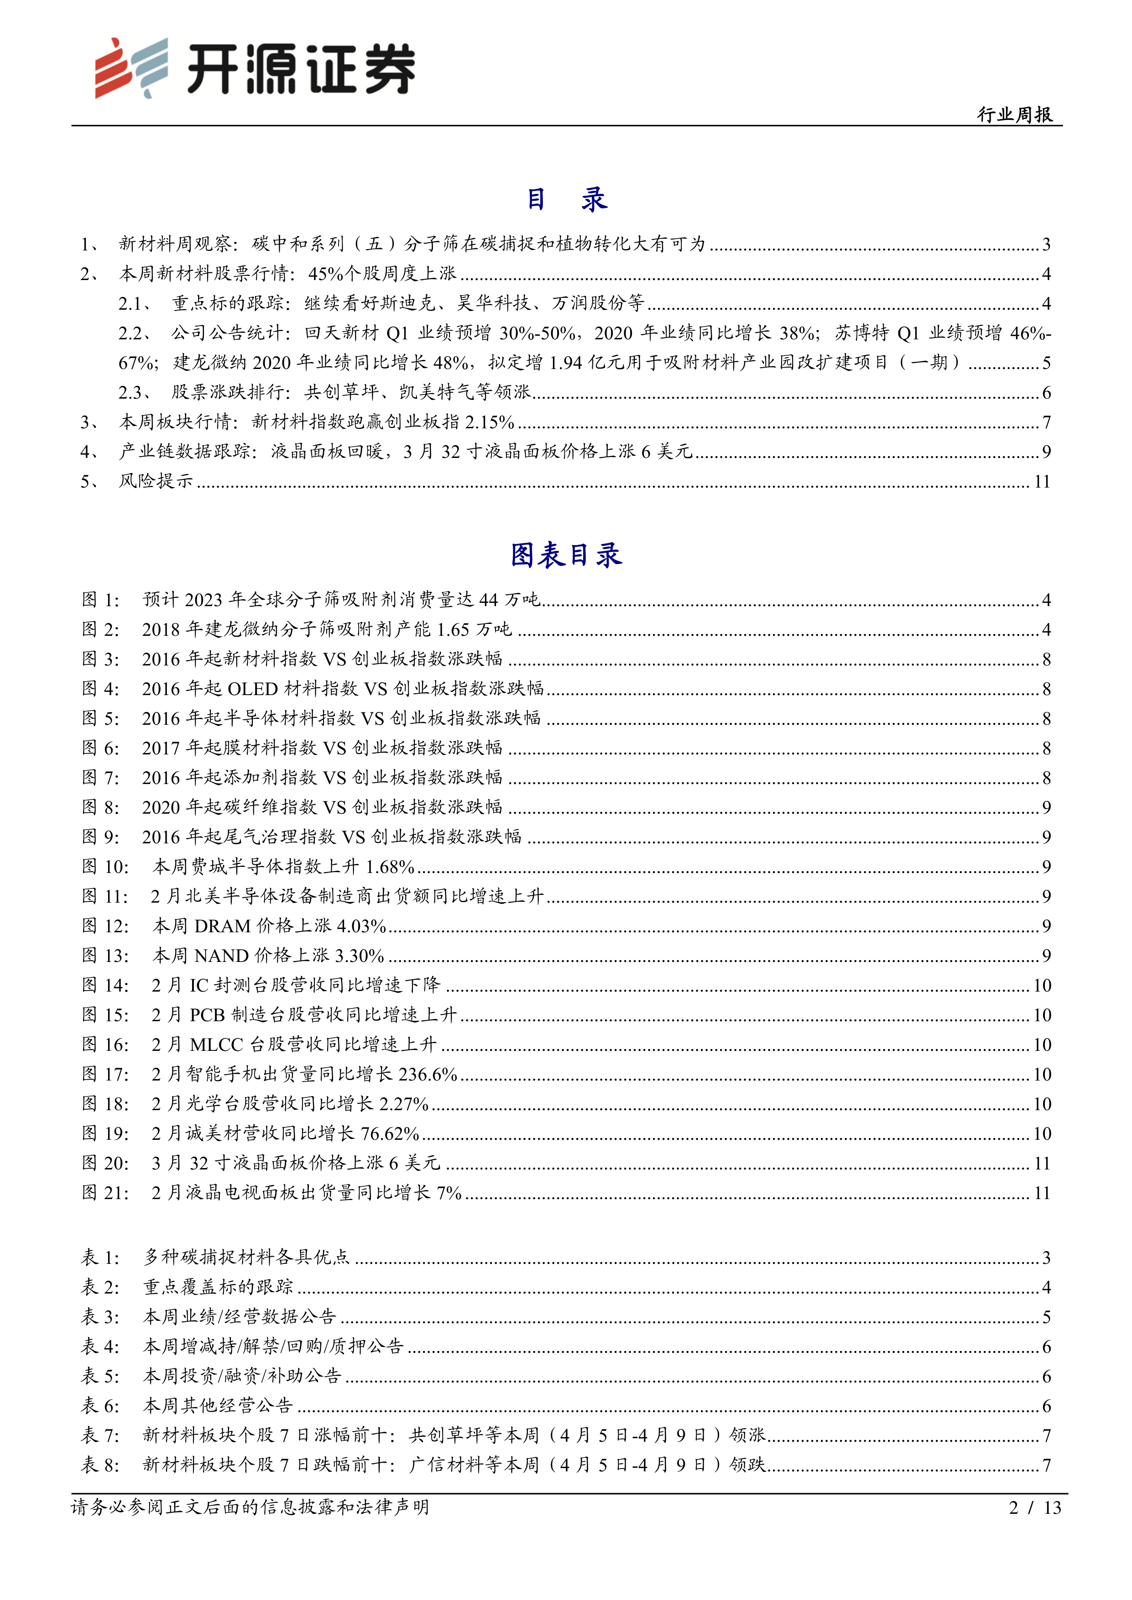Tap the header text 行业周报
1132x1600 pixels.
click(1014, 114)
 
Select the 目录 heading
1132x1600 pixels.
click(566, 200)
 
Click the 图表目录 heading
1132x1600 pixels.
click(566, 556)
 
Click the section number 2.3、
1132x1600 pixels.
click(135, 392)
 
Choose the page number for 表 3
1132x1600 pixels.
click(1046, 1317)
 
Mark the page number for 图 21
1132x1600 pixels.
click(1041, 1193)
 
